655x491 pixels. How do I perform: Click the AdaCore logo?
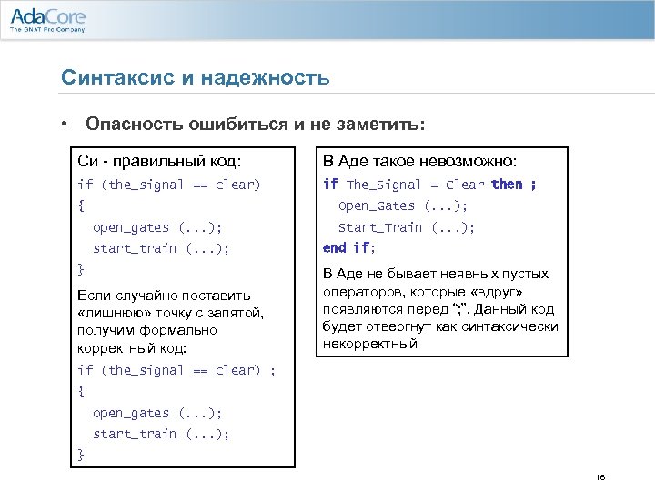coord(46,15)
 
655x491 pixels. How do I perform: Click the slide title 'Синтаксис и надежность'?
coord(195,78)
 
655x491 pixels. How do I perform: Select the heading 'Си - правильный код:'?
coord(160,162)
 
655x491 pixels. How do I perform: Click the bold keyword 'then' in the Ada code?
coord(507,185)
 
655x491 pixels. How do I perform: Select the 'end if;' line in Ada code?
coord(348,247)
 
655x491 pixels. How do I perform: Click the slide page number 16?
coord(600,477)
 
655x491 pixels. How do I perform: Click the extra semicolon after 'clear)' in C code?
coord(273,370)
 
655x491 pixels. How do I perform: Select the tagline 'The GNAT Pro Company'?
coord(47,29)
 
